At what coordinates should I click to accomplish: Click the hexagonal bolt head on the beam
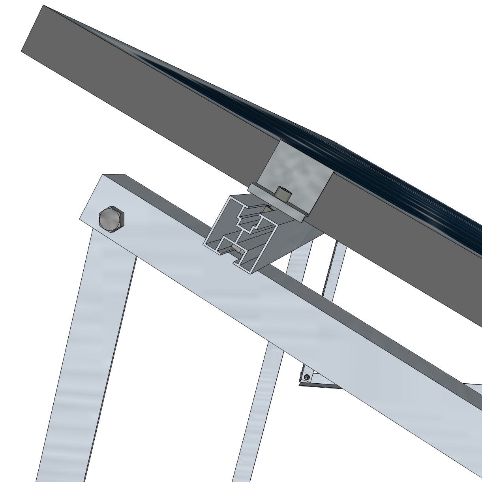click(111, 219)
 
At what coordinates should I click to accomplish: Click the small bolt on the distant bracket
click(307, 378)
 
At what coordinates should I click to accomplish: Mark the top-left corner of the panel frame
click(43, 6)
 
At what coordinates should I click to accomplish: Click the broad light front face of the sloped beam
click(276, 316)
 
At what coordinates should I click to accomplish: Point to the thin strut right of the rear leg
click(332, 276)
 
